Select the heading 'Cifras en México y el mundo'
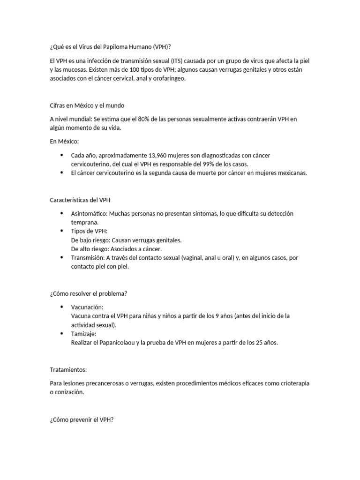click(87, 105)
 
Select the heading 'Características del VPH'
click(80, 200)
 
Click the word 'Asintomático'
click(89, 214)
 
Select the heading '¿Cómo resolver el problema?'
click(89, 293)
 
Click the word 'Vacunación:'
click(87, 307)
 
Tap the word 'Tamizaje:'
click(83, 334)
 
